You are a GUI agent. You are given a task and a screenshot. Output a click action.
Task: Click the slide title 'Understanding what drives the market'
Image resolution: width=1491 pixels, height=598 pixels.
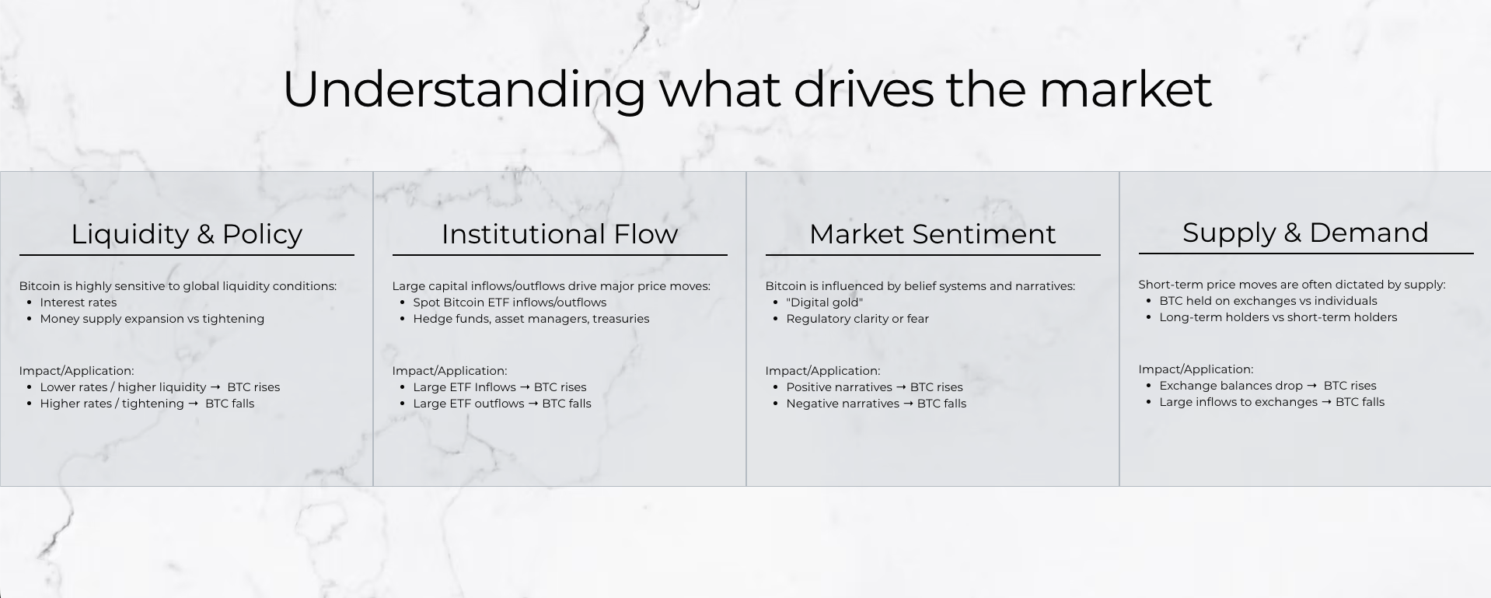pos(746,89)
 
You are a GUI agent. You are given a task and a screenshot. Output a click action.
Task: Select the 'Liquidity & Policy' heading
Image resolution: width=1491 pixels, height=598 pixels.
pos(187,234)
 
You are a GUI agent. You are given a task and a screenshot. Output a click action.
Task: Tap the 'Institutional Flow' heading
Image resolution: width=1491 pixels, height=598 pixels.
pos(560,234)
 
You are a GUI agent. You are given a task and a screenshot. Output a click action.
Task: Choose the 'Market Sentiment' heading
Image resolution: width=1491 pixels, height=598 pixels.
pos(933,234)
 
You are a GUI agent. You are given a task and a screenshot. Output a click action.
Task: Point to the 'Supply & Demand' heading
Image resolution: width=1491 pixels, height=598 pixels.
pos(1306,233)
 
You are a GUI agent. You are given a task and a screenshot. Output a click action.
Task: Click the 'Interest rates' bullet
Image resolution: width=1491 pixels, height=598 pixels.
pos(79,302)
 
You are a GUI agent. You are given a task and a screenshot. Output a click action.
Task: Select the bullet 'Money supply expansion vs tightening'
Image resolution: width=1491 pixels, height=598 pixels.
pos(152,319)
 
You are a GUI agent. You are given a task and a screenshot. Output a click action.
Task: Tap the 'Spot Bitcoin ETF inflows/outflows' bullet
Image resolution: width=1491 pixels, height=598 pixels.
pos(510,302)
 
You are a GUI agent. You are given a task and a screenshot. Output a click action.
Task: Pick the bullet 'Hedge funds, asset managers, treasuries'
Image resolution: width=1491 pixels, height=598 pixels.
pos(531,319)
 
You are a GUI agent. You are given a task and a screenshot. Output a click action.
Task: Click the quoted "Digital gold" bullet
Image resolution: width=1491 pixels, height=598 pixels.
pos(825,302)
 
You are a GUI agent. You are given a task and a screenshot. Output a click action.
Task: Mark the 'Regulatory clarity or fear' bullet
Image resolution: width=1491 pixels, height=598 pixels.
pos(857,319)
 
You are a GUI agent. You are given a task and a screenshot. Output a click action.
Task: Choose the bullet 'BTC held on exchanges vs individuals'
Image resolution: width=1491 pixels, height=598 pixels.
pos(1268,301)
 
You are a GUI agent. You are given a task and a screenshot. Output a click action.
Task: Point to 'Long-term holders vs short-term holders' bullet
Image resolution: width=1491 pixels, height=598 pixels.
pos(1278,317)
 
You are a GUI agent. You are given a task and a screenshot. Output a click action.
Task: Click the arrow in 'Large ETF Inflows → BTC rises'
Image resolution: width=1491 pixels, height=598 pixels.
pos(525,387)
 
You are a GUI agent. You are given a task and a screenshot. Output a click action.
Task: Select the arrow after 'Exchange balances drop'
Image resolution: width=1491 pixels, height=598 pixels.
pos(1311,386)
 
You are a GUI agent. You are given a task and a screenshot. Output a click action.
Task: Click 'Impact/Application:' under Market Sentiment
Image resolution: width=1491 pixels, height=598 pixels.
pos(822,371)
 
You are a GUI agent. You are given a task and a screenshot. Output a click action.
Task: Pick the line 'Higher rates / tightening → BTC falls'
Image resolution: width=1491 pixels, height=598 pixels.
pos(147,404)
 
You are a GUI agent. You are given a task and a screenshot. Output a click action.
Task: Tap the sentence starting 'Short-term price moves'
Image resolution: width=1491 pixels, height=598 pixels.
pos(1292,285)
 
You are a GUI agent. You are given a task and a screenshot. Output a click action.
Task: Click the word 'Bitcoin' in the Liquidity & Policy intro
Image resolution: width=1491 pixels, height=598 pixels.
pos(40,286)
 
